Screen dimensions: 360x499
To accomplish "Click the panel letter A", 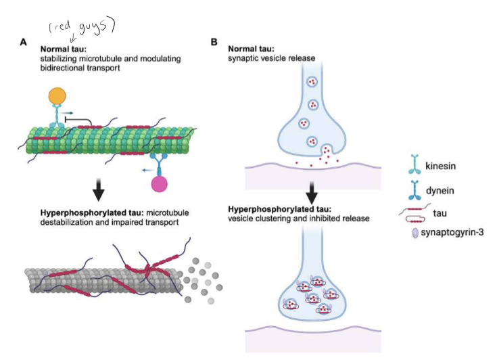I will (x=24, y=42).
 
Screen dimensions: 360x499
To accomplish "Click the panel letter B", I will (x=214, y=42).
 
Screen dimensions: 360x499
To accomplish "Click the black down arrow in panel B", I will (x=312, y=191).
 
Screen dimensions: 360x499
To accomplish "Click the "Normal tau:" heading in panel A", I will (x=66, y=49).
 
